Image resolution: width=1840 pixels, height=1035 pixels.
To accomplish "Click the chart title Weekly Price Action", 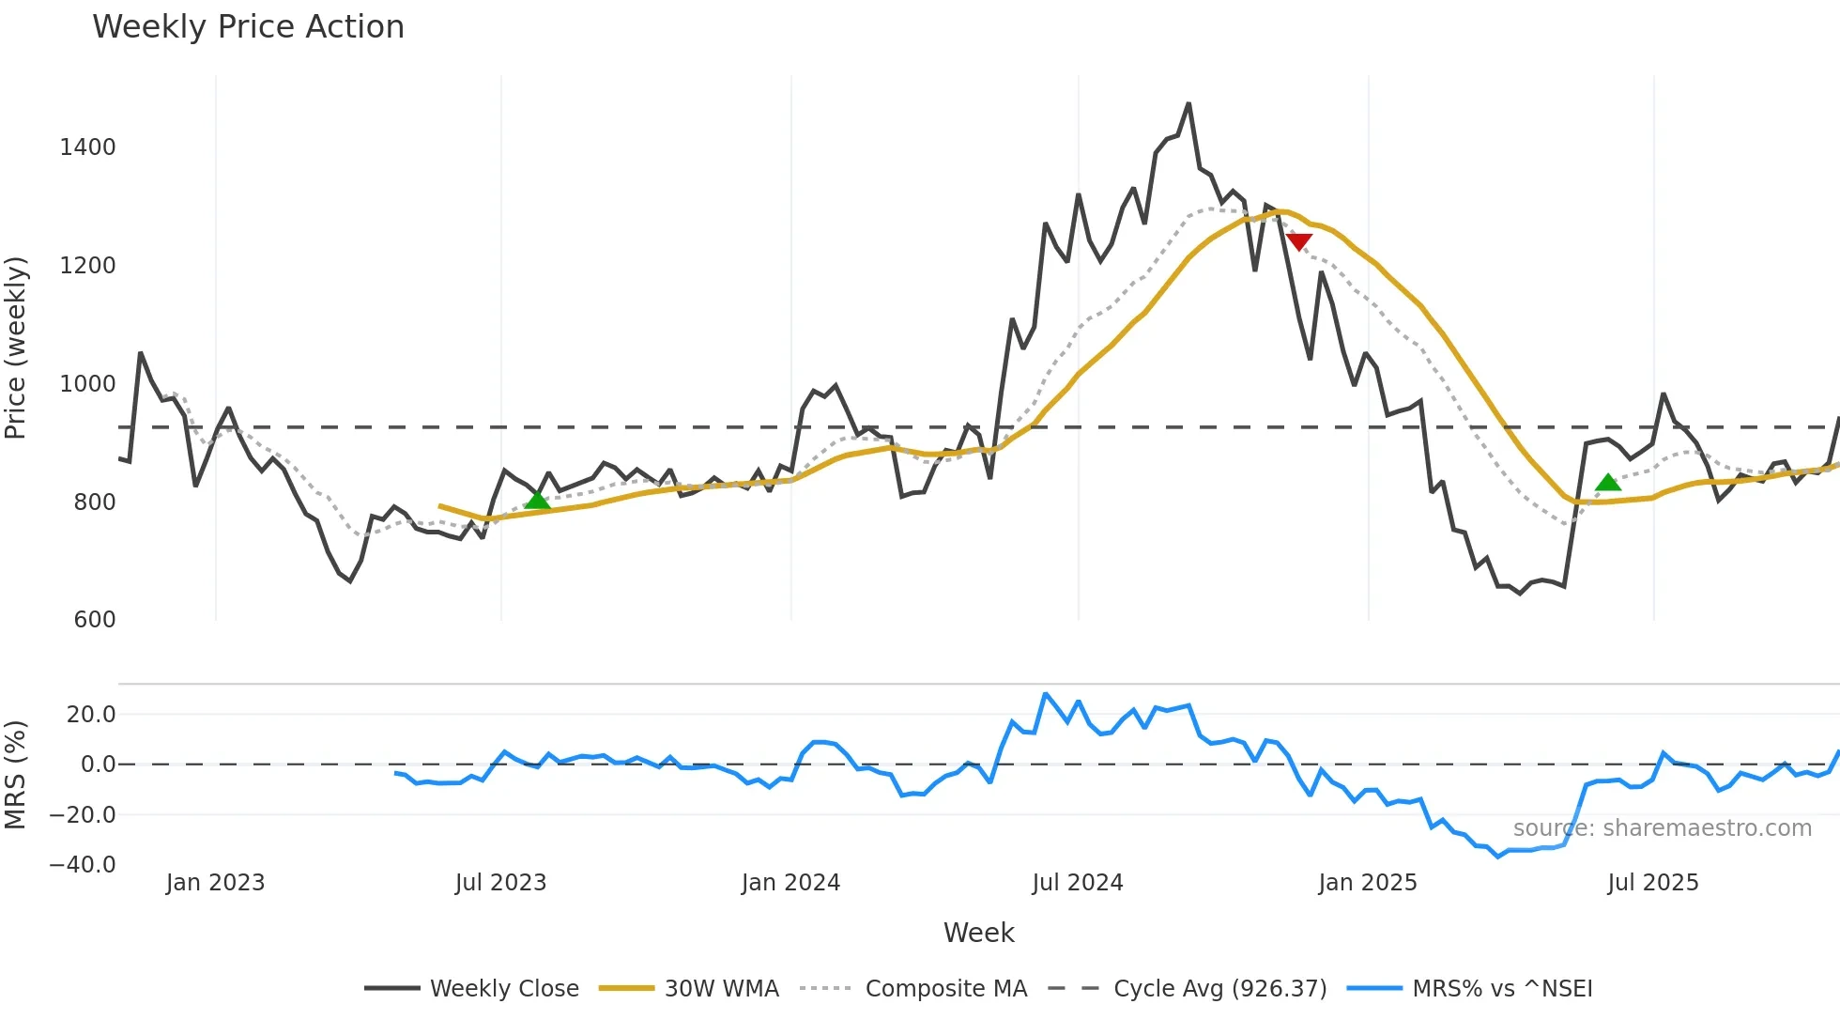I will pos(248,27).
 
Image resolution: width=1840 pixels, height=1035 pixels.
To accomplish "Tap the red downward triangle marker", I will pos(1298,242).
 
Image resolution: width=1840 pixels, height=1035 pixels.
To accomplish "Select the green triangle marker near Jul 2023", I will pos(537,500).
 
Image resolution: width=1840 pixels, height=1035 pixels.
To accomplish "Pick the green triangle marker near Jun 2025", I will pos(1608,483).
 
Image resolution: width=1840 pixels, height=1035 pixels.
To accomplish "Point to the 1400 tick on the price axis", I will pos(87,147).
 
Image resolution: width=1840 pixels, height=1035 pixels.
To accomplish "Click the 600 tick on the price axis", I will pos(94,620).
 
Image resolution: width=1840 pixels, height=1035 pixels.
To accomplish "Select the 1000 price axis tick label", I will pos(87,384).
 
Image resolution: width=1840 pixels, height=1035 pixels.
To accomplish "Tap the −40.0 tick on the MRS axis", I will pos(83,865).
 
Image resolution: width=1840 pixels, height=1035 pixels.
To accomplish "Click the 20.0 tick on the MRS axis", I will pos(91,715).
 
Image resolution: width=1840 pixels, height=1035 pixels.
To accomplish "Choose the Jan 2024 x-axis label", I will pos(790,883).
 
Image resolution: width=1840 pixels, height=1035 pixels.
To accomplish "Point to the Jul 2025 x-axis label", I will pos(1653,883).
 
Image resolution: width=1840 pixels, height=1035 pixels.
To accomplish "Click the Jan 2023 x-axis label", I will pos(215,883).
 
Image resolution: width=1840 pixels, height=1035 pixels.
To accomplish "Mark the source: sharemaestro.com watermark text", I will pos(1662,828).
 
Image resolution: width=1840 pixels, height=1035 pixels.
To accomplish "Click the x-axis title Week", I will pos(978,933).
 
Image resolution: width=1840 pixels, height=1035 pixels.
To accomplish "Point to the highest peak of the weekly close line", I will pos(1188,103).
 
